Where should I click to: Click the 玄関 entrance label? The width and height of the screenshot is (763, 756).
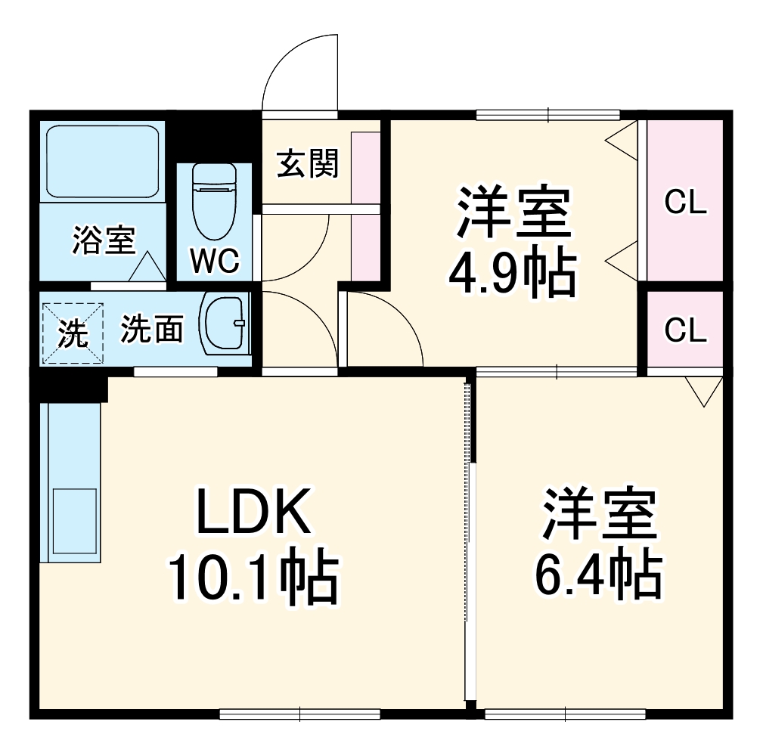click(306, 163)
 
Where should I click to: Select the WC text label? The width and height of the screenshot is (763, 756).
click(215, 262)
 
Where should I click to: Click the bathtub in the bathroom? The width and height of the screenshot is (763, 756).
click(103, 161)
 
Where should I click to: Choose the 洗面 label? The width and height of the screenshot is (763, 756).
click(153, 330)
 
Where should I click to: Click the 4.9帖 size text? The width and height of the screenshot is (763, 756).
click(512, 273)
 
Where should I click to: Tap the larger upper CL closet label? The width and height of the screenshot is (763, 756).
click(685, 203)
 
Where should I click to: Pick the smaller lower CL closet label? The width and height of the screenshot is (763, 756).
click(685, 330)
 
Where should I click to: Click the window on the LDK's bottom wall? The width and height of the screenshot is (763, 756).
click(299, 713)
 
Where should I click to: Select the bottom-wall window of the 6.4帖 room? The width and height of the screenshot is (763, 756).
click(565, 713)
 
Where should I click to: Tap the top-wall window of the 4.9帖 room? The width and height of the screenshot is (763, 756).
click(547, 115)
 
